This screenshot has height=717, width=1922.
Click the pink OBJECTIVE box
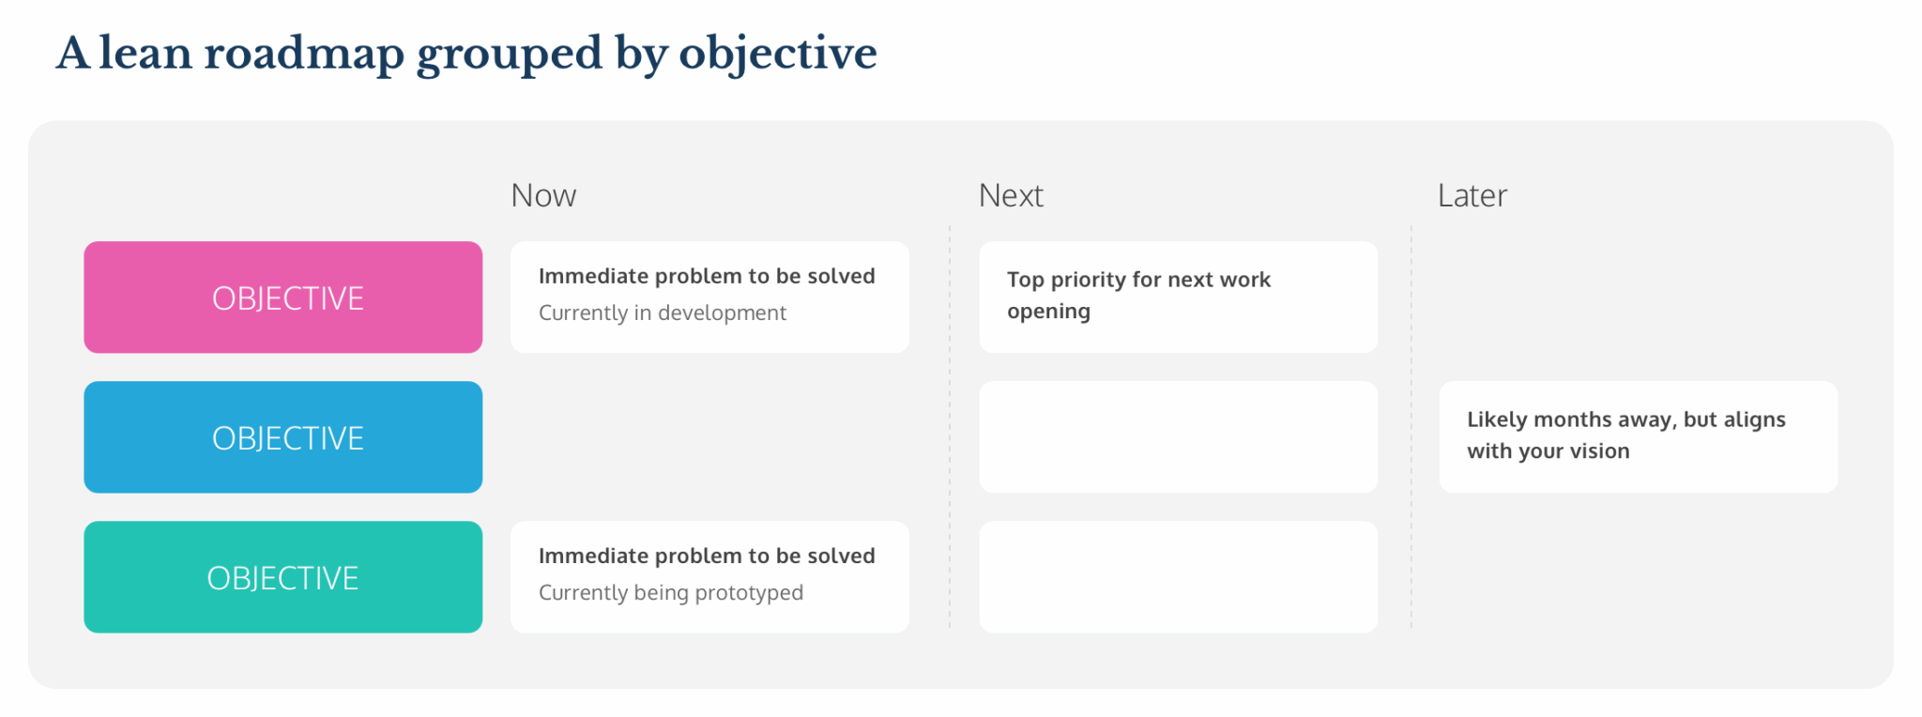282,297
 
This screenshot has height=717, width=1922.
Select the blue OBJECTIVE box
282,437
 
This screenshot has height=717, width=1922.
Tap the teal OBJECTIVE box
282,577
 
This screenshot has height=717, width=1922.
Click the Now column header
543,195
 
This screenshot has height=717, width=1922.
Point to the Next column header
1011,195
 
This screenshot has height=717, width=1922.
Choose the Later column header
1472,195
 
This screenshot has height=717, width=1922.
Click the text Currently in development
662,313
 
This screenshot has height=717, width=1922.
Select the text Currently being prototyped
670,592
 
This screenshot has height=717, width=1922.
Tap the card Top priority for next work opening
1178,297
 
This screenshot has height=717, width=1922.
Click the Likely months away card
1638,436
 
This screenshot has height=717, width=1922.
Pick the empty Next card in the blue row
1178,437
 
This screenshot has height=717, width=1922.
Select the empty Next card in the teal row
1178,577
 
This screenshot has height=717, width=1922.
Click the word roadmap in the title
304,53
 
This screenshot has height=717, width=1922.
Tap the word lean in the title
145,53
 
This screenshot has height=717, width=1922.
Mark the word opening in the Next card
1048,312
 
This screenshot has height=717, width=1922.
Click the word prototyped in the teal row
749,593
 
